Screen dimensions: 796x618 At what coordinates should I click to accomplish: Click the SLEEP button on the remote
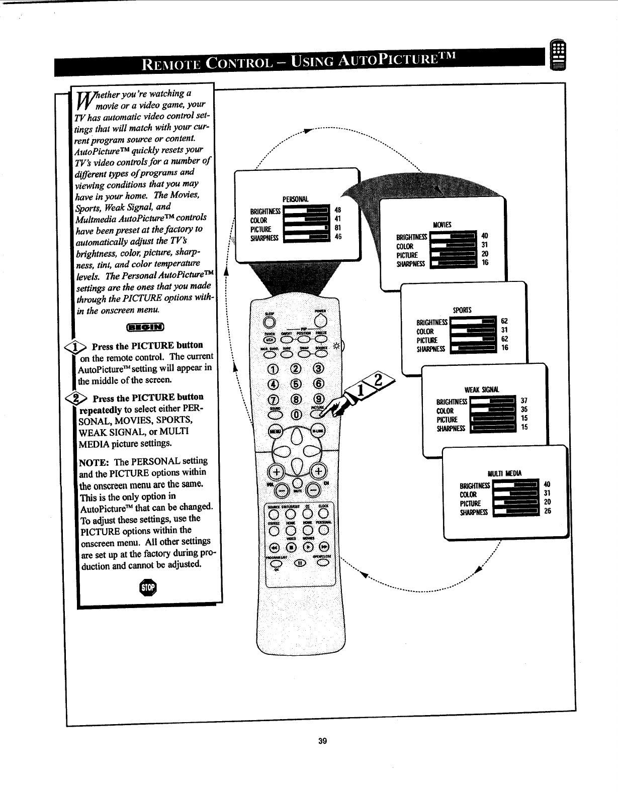(271, 322)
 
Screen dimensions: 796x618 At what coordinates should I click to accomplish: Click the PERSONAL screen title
(295, 200)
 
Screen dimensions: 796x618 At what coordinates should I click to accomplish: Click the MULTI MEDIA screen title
(505, 473)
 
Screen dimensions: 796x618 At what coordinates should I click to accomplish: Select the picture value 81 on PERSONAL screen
(338, 228)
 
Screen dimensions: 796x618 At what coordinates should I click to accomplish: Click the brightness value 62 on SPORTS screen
(505, 321)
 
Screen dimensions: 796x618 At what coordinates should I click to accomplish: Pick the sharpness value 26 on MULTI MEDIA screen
(548, 512)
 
